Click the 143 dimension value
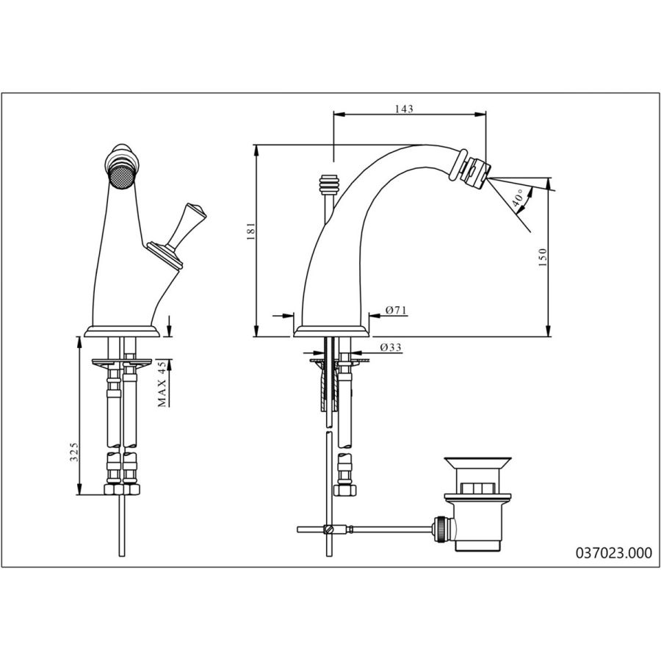pyautogui.click(x=404, y=109)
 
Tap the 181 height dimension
pyautogui.click(x=251, y=231)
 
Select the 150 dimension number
pyautogui.click(x=543, y=257)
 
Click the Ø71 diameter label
pyautogui.click(x=396, y=310)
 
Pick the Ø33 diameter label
pyautogui.click(x=391, y=347)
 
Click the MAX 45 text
pyautogui.click(x=162, y=383)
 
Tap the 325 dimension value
pyautogui.click(x=74, y=452)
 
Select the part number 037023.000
pyautogui.click(x=614, y=552)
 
